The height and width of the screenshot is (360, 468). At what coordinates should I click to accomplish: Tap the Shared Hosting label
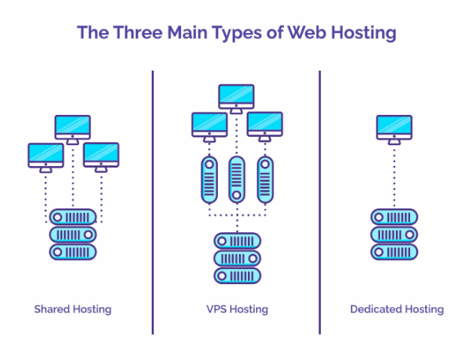73,309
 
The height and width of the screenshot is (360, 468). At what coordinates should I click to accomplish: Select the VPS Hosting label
237,309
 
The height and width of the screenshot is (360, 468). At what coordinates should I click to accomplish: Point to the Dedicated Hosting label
397,309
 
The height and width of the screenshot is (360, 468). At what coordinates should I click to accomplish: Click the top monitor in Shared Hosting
73,127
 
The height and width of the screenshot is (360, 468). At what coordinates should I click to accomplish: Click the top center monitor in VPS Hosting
237,96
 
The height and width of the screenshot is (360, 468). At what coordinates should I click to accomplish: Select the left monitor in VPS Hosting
210,124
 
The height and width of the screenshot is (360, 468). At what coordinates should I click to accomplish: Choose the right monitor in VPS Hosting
264,124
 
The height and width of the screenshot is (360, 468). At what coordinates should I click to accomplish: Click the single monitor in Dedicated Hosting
394,127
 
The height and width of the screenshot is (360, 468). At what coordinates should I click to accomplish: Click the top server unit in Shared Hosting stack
73,216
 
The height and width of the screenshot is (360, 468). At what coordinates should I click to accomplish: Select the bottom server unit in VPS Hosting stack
237,275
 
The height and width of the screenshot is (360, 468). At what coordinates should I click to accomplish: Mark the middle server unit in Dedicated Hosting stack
394,234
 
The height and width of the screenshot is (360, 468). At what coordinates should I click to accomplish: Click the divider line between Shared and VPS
152,203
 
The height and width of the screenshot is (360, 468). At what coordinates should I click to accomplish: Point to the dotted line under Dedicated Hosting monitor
394,177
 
